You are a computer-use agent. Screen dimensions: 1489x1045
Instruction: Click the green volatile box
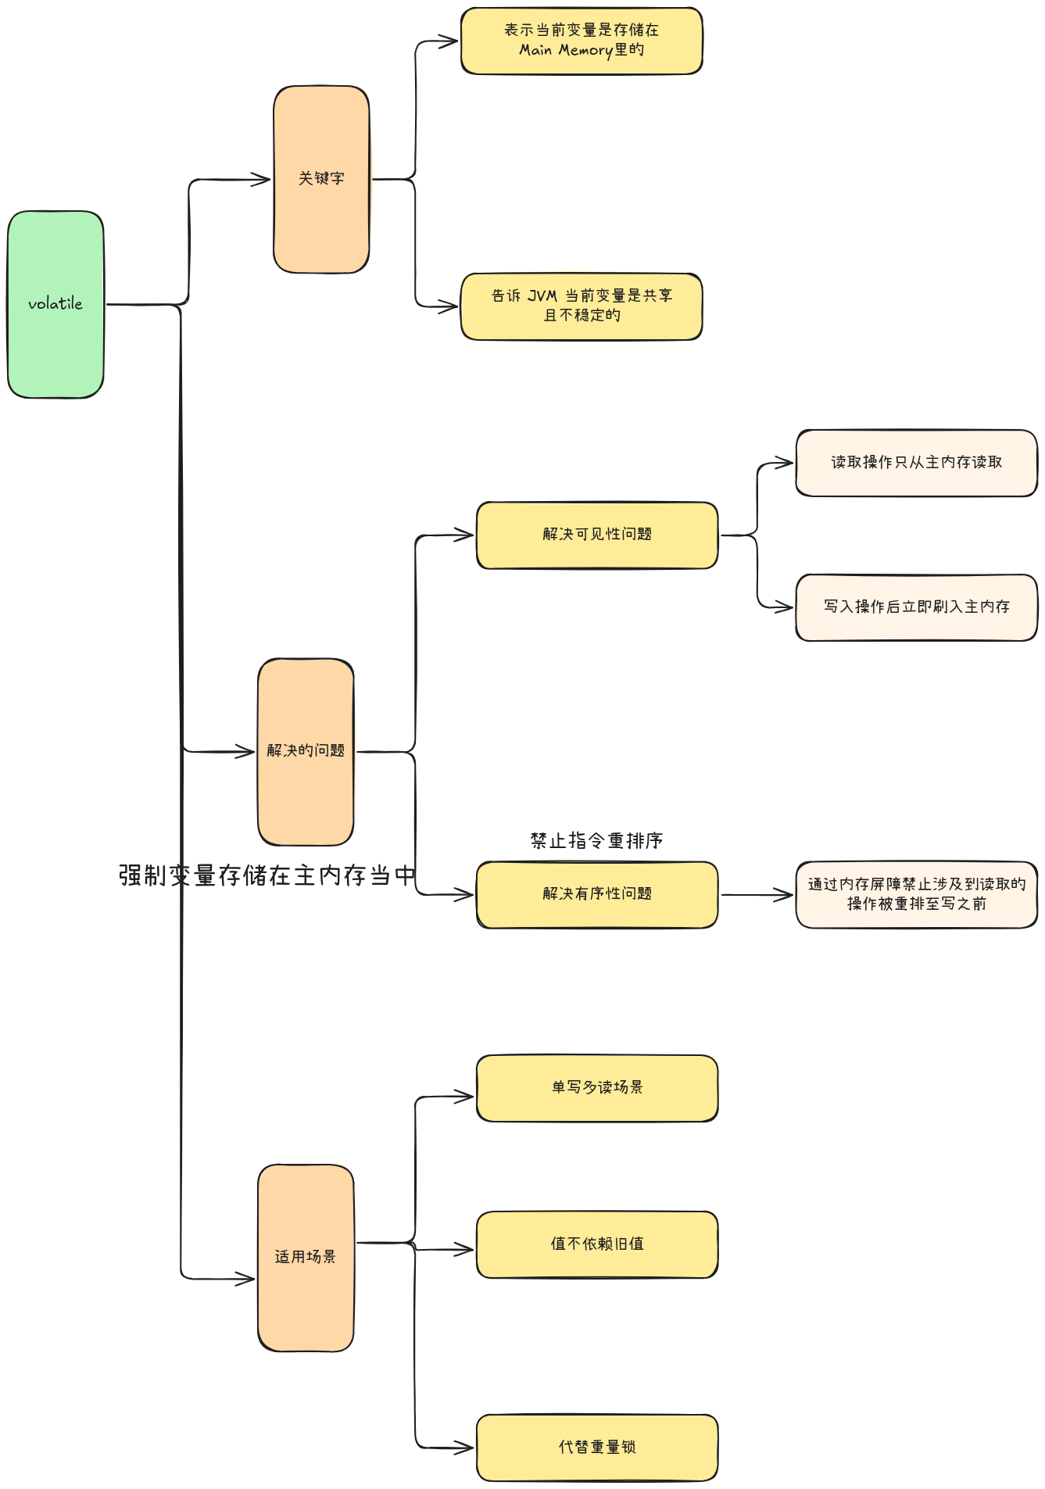pos(55,304)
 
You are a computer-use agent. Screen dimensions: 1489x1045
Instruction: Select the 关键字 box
pos(321,179)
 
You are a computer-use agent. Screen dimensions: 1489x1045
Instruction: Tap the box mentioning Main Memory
pos(582,41)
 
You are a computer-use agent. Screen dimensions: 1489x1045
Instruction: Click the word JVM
pos(542,295)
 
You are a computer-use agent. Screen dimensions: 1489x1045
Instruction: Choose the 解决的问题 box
pos(306,751)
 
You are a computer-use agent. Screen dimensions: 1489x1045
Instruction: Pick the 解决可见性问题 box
pos(597,535)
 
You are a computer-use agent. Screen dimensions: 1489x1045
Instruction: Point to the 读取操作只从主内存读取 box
pos(916,463)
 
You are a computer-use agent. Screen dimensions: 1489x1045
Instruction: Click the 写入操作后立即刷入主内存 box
pos(916,607)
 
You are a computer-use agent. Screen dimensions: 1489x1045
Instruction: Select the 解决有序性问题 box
pos(597,894)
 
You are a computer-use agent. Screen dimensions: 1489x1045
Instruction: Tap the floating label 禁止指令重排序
pos(596,841)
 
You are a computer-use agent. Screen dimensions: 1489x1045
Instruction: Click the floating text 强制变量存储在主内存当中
pos(267,875)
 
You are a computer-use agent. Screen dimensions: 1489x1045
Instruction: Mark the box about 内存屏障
pos(916,894)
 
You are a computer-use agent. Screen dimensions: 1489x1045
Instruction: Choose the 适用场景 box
pos(306,1257)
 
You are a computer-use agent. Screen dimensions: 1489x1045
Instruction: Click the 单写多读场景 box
pos(597,1088)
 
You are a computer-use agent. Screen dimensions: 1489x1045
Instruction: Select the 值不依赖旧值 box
pos(597,1244)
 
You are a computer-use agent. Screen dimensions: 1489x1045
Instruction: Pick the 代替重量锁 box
pos(597,1448)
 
